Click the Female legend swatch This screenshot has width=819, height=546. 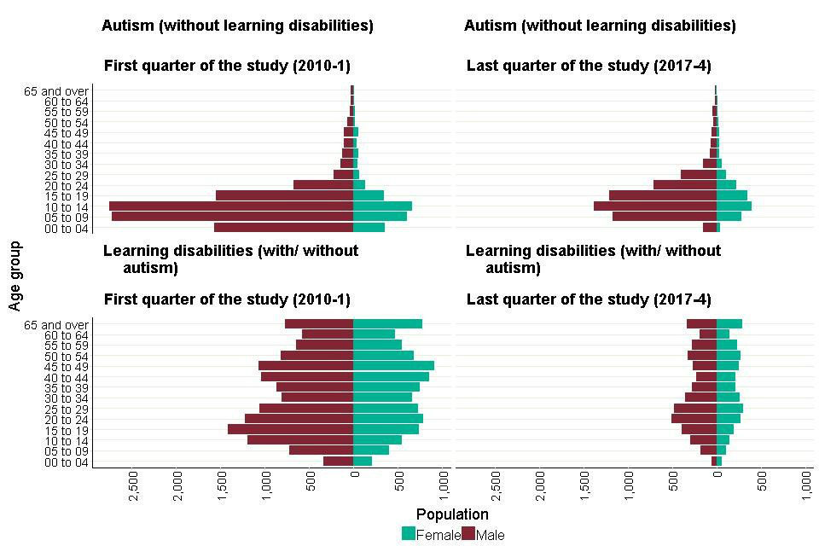[409, 534]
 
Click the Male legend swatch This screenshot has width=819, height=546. [468, 534]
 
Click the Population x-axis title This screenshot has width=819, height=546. [452, 514]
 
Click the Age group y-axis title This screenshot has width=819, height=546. [15, 276]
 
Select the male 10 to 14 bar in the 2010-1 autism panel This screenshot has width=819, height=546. [230, 206]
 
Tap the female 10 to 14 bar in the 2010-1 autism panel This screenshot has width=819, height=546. [382, 206]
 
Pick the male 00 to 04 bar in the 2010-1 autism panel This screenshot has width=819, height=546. [283, 227]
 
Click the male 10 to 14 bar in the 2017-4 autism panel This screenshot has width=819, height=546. [654, 206]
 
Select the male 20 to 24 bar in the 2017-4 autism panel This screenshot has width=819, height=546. [684, 184]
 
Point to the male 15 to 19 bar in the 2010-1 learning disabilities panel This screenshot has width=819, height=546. [290, 429]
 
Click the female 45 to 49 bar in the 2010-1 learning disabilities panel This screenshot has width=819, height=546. [393, 366]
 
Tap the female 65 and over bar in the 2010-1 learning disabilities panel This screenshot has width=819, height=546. [387, 324]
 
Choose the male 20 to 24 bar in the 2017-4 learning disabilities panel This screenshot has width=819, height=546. [694, 418]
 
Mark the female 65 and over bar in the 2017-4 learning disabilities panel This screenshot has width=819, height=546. [729, 324]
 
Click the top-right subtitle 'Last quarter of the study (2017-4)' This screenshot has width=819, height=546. [589, 66]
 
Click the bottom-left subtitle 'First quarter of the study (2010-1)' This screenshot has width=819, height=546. [226, 299]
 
